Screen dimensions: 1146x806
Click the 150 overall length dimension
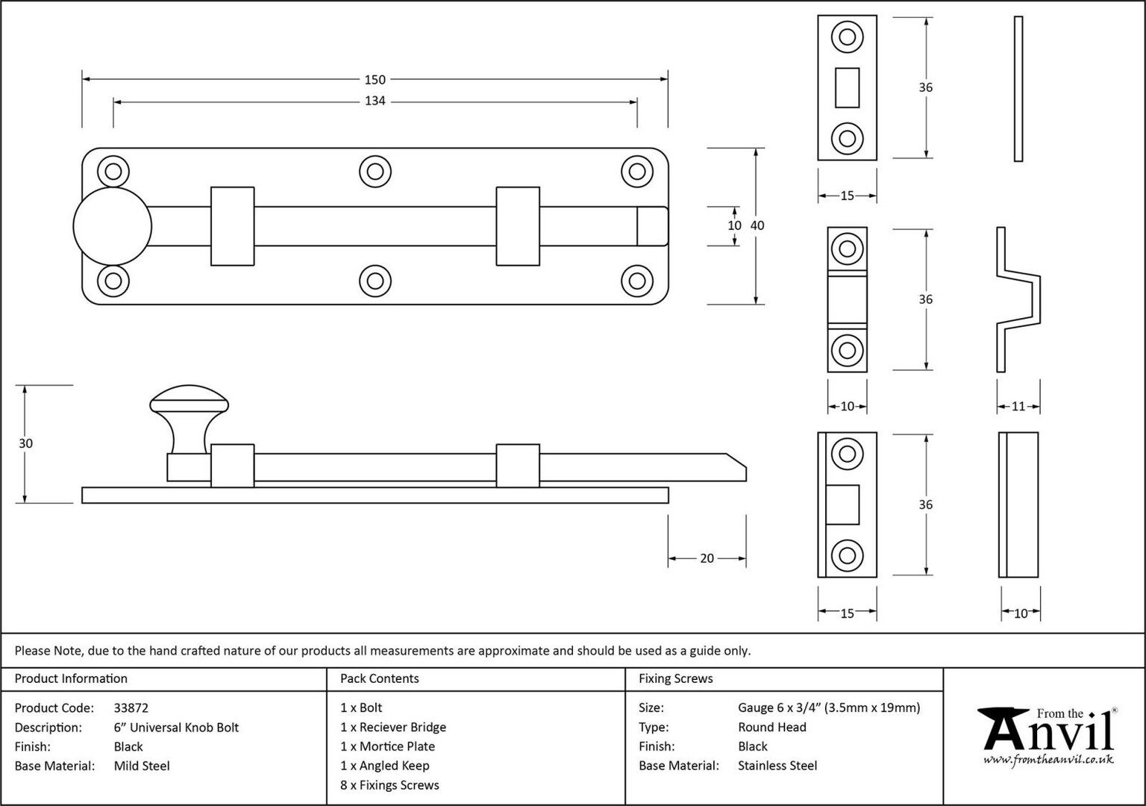(x=375, y=80)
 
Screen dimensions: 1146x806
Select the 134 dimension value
(x=375, y=101)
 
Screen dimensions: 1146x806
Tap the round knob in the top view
(x=113, y=226)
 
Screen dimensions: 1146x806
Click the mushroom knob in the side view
(x=190, y=419)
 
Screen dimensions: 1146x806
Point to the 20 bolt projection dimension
(x=707, y=558)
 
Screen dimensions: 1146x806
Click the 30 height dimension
(x=25, y=444)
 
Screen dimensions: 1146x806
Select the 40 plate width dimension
(x=757, y=225)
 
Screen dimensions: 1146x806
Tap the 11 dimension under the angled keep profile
(x=1018, y=406)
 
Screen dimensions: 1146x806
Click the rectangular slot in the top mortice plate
(x=848, y=87)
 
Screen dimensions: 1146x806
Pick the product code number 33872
(x=131, y=708)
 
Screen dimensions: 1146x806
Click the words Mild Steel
(x=142, y=766)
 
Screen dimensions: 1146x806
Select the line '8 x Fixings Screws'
(x=390, y=785)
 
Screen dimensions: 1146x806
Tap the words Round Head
(x=772, y=727)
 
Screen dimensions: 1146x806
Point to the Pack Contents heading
(x=380, y=678)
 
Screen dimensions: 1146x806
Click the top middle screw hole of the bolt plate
(x=375, y=172)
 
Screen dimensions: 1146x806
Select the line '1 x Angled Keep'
(x=385, y=766)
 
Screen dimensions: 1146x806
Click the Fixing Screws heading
(x=675, y=678)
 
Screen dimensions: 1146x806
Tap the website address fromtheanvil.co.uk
(x=1049, y=760)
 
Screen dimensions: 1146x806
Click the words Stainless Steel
(x=777, y=766)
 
